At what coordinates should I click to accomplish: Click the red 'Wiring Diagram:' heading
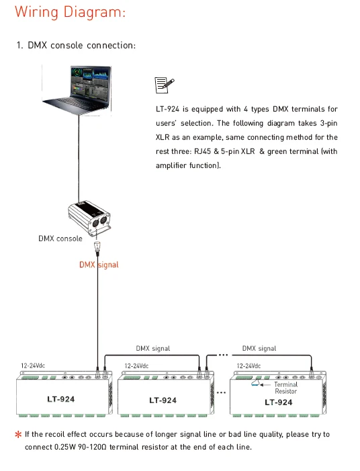click(70, 13)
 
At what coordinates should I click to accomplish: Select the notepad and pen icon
click(165, 85)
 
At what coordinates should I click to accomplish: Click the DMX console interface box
click(89, 218)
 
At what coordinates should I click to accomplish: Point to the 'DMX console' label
click(60, 239)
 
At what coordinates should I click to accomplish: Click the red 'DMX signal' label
click(99, 265)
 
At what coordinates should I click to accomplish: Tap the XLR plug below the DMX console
click(97, 247)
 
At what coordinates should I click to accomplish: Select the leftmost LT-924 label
click(61, 399)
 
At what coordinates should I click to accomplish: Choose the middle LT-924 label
click(163, 400)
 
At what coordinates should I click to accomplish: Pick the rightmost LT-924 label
click(278, 402)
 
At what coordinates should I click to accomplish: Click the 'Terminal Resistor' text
click(286, 388)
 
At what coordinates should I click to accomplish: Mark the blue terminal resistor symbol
click(255, 383)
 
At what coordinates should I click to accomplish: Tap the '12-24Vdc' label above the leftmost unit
click(33, 366)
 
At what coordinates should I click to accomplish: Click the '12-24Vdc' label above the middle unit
click(136, 366)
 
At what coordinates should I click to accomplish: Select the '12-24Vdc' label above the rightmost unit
click(249, 366)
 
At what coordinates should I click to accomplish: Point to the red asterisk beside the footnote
click(18, 434)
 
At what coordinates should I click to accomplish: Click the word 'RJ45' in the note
click(203, 151)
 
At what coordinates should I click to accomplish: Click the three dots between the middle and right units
click(221, 392)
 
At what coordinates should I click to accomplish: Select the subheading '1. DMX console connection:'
click(77, 46)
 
